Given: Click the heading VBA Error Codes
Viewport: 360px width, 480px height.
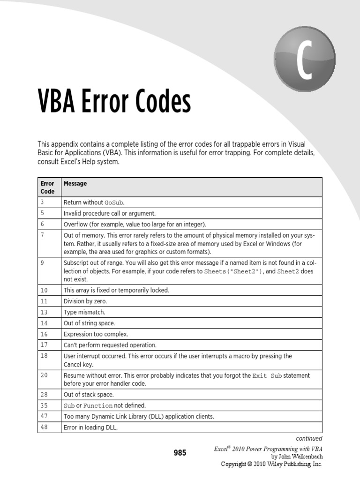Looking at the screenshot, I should (x=114, y=102).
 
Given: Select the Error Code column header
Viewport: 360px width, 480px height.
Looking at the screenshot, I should (x=47, y=187).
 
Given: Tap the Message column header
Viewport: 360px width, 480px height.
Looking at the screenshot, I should (x=75, y=184).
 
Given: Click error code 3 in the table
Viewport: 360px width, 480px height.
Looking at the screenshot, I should (x=42, y=202).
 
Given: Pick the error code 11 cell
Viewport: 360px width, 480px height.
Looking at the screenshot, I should (x=44, y=301).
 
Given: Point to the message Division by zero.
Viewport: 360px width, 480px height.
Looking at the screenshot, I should (x=85, y=301).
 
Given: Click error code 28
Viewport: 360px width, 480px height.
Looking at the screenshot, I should (x=44, y=395).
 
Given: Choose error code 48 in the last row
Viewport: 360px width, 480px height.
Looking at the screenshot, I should (x=44, y=427).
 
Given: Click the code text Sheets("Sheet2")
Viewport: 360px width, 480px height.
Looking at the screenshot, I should (x=232, y=271).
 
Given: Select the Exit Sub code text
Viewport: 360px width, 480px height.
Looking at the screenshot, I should (x=267, y=376).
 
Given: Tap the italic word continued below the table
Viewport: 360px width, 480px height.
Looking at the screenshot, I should (x=309, y=439).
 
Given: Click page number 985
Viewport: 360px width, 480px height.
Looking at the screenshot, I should (x=180, y=453).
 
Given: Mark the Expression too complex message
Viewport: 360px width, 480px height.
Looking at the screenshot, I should (x=96, y=334).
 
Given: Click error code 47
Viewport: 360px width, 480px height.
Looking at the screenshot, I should (x=44, y=416).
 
